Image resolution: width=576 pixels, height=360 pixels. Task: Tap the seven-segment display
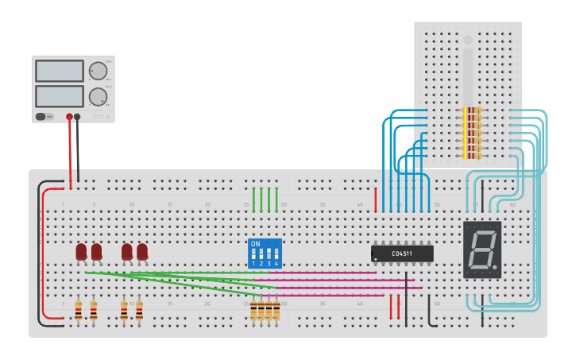[x=482, y=250]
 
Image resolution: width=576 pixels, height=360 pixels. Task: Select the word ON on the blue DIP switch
[x=255, y=244]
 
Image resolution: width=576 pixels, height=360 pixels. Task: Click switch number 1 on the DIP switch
[x=254, y=256]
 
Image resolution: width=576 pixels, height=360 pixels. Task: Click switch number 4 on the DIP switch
[x=276, y=256]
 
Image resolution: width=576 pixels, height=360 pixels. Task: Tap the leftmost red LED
[x=81, y=252]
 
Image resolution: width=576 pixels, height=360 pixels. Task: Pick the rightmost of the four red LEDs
[x=142, y=252]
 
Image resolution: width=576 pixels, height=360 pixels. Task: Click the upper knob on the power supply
[x=98, y=71]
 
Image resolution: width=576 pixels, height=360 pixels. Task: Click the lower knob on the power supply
[x=98, y=97]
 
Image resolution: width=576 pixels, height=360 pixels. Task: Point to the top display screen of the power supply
[x=60, y=71]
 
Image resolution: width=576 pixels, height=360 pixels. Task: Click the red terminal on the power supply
[x=69, y=117]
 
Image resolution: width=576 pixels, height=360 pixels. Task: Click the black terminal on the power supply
[x=77, y=117]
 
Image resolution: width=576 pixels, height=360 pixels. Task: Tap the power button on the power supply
[x=41, y=117]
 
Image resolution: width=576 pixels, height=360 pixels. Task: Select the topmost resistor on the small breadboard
[x=472, y=110]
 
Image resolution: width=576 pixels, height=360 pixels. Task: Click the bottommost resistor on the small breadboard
[x=472, y=155]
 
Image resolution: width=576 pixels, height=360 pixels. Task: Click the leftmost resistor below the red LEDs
[x=78, y=311]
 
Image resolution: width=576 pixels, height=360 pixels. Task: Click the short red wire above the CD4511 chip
[x=376, y=199]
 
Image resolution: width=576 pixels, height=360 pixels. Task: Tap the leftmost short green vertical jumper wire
[x=254, y=199]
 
